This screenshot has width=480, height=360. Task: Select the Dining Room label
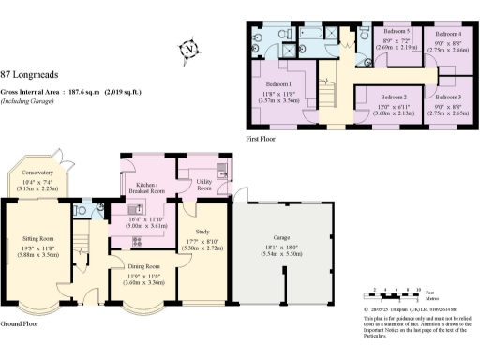(x=143, y=268)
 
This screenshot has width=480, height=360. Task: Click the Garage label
(x=280, y=236)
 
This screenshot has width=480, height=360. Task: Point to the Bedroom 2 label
(x=392, y=96)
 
